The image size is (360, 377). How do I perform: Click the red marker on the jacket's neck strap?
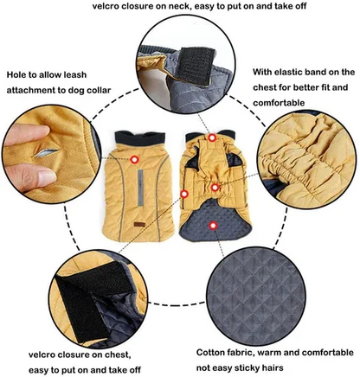pos(212,137)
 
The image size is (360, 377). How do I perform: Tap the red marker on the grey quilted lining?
pos(213,226)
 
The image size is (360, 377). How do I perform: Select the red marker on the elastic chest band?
pos(215,188)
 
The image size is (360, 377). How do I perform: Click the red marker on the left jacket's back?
pos(134,159)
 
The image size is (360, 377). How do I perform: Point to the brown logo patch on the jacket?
pos(139,225)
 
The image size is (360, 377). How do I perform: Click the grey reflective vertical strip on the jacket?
pos(140,188)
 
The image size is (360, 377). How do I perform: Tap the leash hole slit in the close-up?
pos(47,152)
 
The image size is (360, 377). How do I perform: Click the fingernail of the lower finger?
pos(47,177)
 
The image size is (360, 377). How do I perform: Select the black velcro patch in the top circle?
pos(197,66)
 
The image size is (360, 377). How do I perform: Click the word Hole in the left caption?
pos(16,75)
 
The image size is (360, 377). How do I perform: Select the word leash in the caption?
pos(74,75)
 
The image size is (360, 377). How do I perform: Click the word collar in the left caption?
pos(97,90)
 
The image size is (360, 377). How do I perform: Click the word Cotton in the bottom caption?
pos(211,353)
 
